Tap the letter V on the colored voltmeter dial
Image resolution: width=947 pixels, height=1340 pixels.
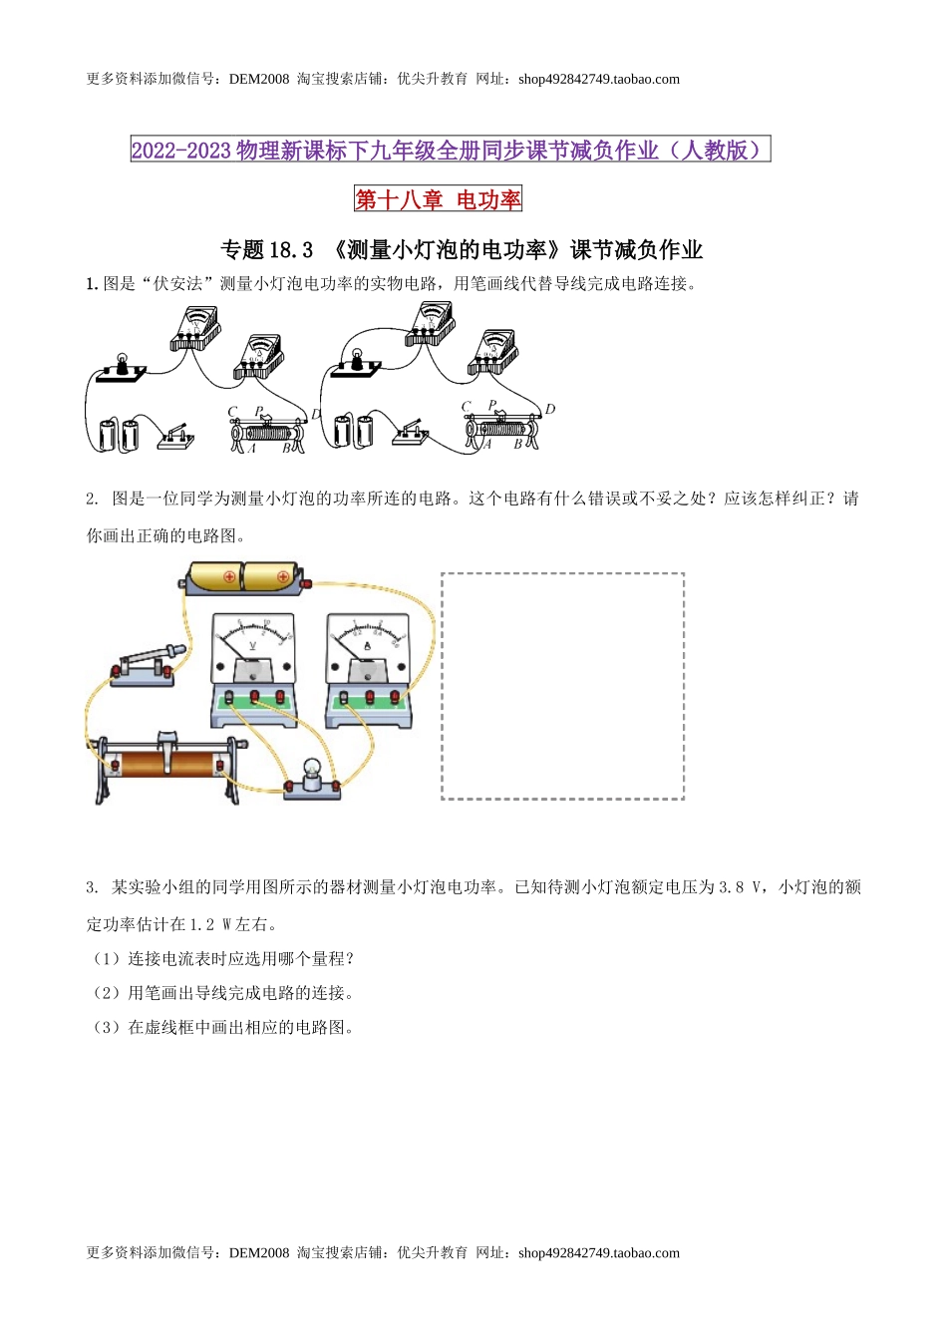(252, 646)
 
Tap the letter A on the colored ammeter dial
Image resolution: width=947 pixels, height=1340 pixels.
(367, 646)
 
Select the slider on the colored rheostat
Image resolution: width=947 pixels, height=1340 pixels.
(165, 741)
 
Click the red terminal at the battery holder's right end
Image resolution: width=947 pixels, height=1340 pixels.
(307, 583)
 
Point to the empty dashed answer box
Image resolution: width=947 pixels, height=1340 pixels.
(562, 686)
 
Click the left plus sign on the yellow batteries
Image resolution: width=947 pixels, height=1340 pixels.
(229, 576)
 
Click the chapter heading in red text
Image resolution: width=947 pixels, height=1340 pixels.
(439, 199)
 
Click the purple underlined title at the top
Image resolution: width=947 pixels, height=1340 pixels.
(451, 151)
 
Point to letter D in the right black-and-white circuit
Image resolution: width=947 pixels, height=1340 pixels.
(549, 409)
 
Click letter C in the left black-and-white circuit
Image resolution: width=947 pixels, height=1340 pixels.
(232, 411)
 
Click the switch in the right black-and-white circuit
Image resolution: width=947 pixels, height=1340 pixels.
(410, 434)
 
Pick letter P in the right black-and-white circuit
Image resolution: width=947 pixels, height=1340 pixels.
(492, 405)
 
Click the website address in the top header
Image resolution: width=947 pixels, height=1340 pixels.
(599, 80)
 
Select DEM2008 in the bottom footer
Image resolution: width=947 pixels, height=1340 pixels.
(259, 1253)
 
